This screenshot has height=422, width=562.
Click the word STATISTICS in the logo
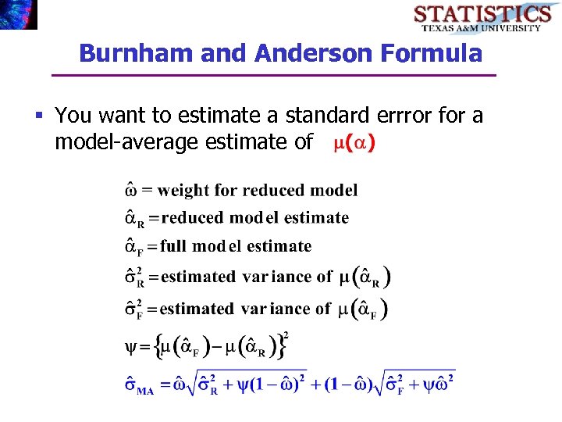tap(482, 13)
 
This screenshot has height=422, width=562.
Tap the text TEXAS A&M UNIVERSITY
tap(482, 28)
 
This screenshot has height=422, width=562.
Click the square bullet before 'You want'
tap(40, 116)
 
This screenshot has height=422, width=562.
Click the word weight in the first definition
tap(184, 190)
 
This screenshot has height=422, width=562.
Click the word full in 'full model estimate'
tap(173, 246)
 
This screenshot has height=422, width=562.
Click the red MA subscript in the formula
tap(145, 391)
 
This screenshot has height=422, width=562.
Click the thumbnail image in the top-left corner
tap(18, 14)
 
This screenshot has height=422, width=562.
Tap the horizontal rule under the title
tap(273, 75)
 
